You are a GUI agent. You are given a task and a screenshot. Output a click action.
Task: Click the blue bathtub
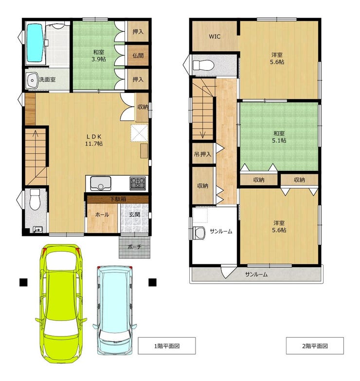pyautogui.click(x=35, y=42)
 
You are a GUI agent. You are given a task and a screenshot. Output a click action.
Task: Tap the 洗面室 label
pyautogui.click(x=47, y=79)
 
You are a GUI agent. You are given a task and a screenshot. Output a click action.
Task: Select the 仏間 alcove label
pyautogui.click(x=138, y=55)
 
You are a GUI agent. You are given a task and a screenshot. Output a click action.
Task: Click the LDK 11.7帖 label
pyautogui.click(x=94, y=140)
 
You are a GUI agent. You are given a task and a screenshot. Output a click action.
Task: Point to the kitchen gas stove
pyautogui.click(x=138, y=183)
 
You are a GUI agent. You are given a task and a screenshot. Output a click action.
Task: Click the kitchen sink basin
pyautogui.click(x=101, y=183)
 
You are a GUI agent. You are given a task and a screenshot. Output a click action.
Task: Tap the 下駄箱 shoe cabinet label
pyautogui.click(x=118, y=199)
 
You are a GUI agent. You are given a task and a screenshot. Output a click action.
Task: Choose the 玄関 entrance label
pyautogui.click(x=134, y=215)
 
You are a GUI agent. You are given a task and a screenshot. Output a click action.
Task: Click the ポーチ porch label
pyautogui.click(x=134, y=247)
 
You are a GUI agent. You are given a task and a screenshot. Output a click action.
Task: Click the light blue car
pyautogui.click(x=115, y=310)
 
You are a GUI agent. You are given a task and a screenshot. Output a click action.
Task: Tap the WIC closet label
pyautogui.click(x=215, y=36)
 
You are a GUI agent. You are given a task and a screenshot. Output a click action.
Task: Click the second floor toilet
pyautogui.click(x=203, y=65)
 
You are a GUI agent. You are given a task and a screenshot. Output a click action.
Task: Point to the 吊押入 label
pyautogui.click(x=202, y=154)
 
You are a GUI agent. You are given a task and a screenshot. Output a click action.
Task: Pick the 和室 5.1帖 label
pyautogui.click(x=279, y=137)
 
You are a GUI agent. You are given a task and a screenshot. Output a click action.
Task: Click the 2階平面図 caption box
pyautogui.click(x=315, y=345)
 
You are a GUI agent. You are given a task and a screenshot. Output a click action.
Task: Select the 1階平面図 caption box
pyautogui.click(x=167, y=345)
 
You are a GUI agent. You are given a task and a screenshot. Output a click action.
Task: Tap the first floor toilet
pyautogui.click(x=35, y=200)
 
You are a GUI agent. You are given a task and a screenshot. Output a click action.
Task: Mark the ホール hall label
pyautogui.click(x=102, y=215)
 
